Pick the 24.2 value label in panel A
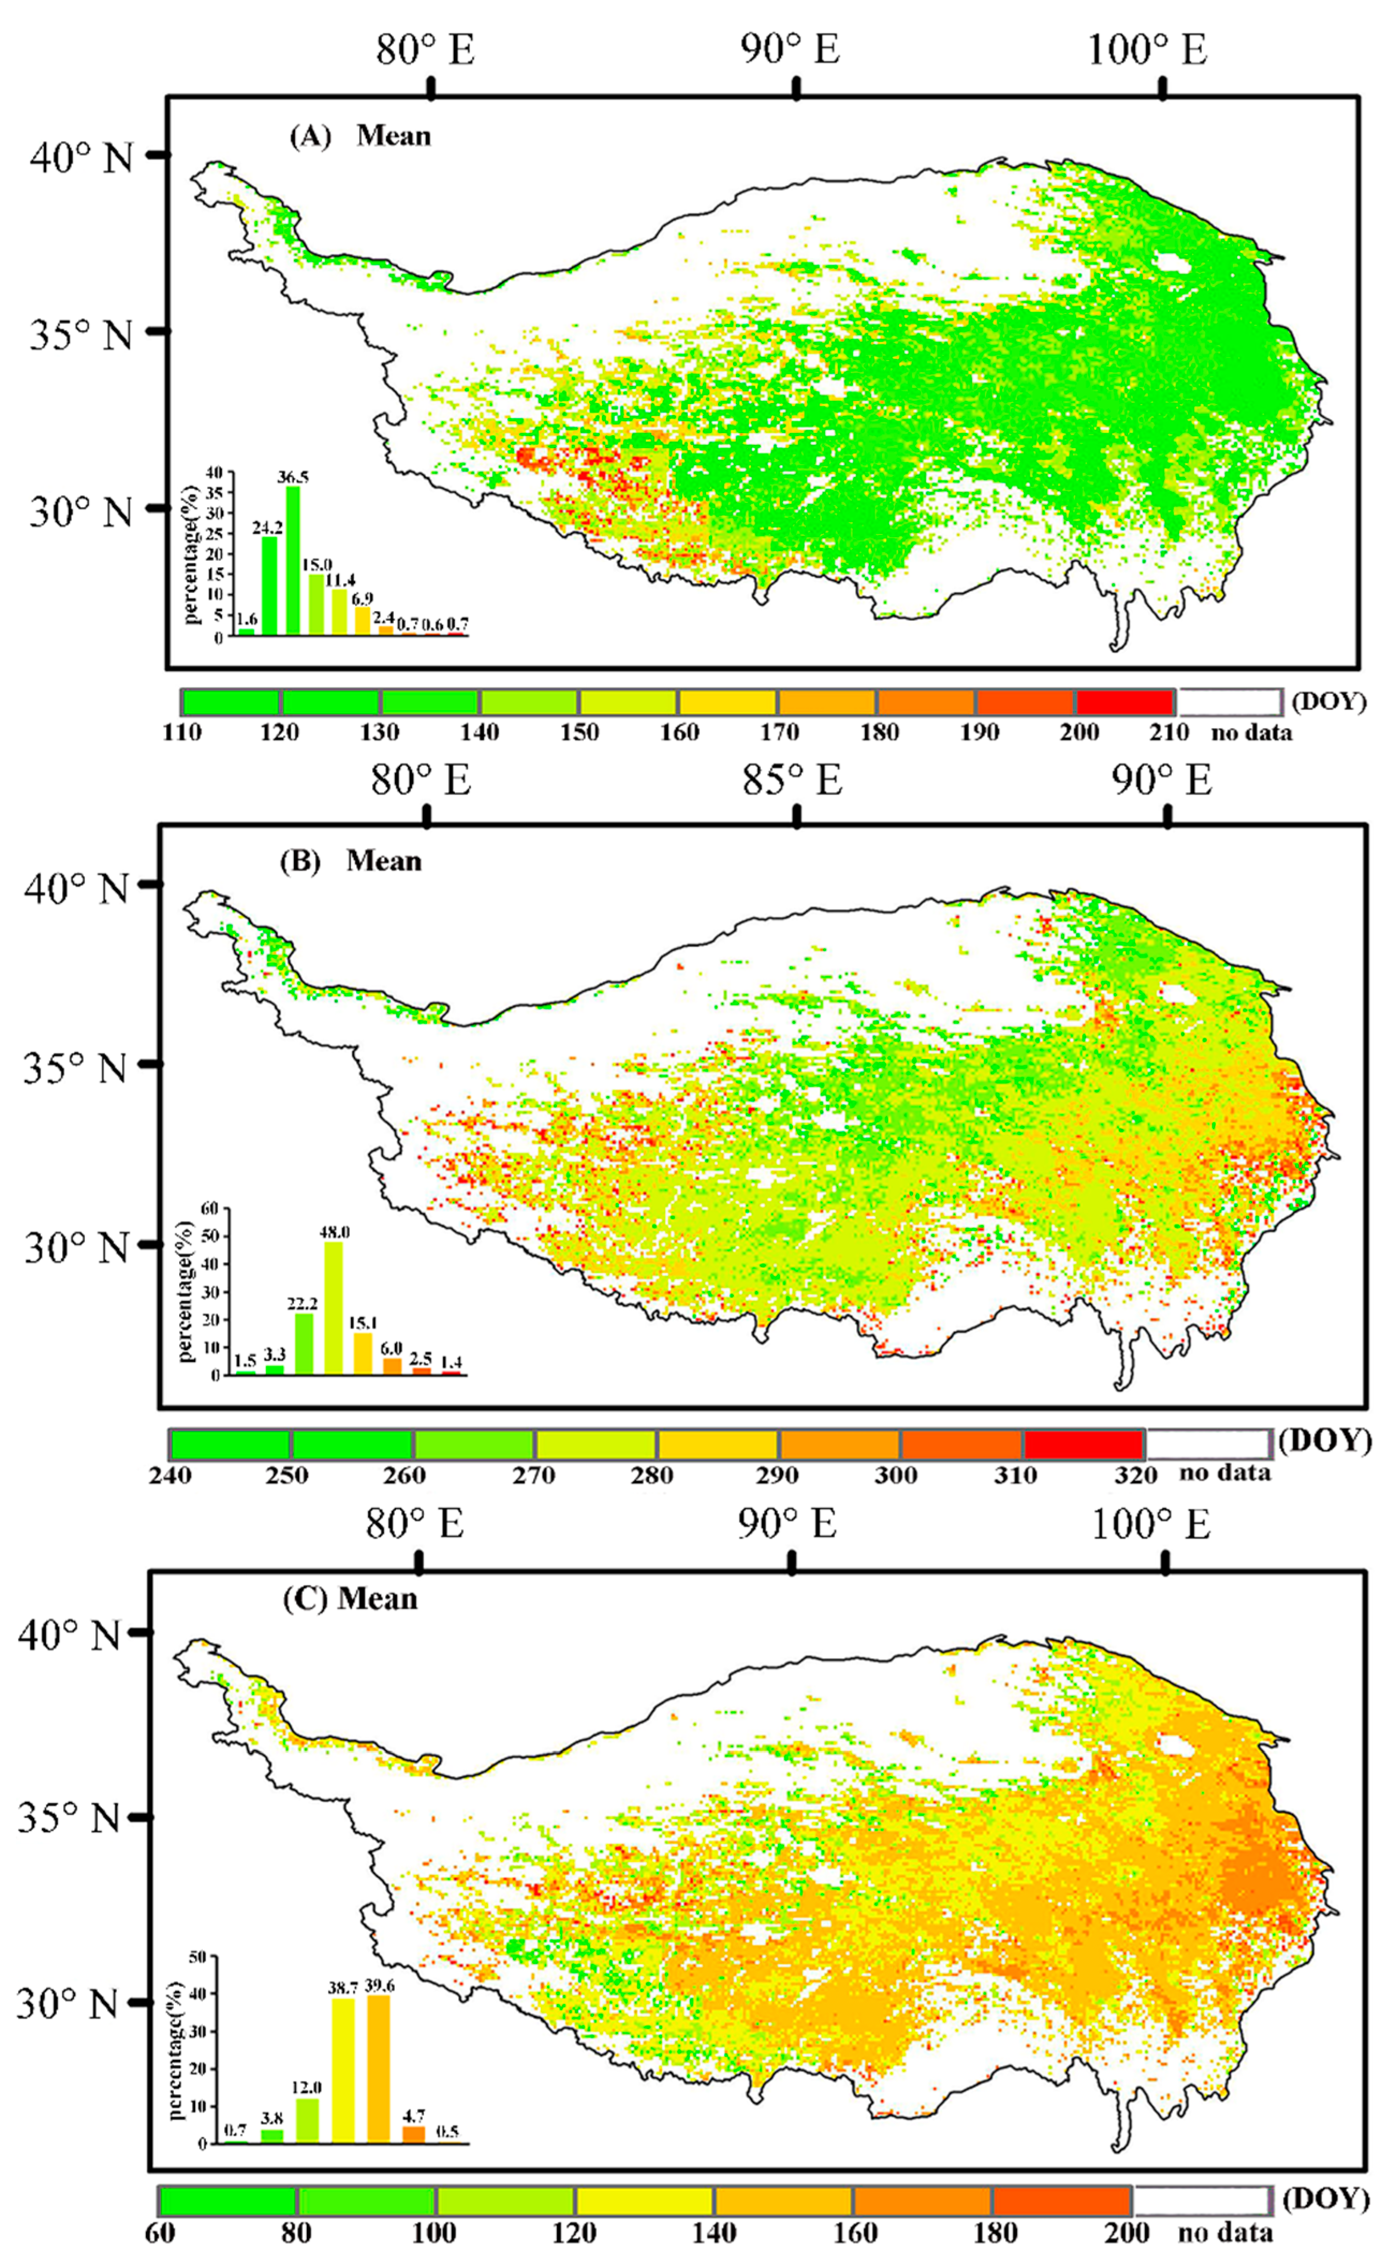coord(269,528)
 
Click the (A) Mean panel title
coord(359,136)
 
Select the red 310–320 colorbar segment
coord(1084,1444)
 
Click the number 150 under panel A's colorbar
coord(579,733)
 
